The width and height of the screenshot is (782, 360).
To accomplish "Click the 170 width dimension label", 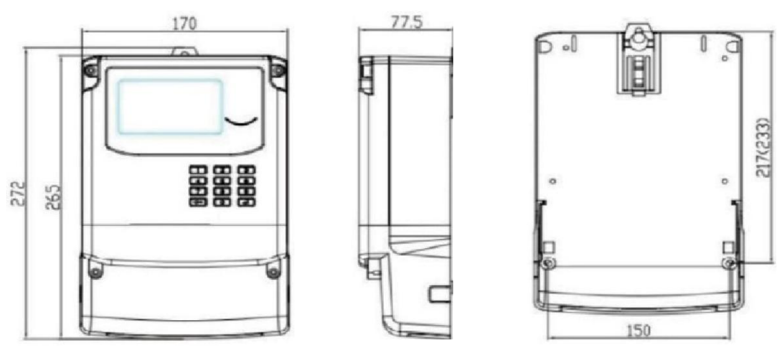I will (x=185, y=24).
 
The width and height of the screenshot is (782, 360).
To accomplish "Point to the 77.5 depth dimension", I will (x=406, y=22).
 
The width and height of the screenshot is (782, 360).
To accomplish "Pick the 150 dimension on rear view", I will (x=640, y=330).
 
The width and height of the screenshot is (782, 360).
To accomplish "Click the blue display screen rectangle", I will (x=171, y=105).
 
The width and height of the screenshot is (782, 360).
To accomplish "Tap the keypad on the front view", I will (x=222, y=186).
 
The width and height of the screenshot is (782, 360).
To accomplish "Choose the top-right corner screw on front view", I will (x=278, y=70).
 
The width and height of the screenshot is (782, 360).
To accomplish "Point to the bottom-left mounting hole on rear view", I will (x=547, y=263).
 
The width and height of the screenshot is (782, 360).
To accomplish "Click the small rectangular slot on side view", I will (x=439, y=293).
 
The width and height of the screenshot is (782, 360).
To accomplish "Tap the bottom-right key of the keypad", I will (x=247, y=202).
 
